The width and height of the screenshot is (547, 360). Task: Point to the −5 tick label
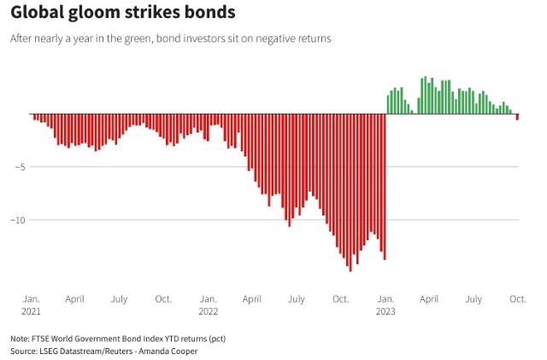pyautogui.click(x=17, y=167)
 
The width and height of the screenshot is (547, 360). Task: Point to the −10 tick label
pyautogui.click(x=15, y=220)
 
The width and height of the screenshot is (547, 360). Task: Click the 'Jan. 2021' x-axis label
pyautogui.click(x=31, y=304)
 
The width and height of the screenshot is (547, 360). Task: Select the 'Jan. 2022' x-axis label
pyautogui.click(x=208, y=304)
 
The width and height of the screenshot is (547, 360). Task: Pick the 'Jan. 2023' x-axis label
pyautogui.click(x=385, y=304)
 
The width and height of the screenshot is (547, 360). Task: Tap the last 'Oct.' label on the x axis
pyautogui.click(x=517, y=299)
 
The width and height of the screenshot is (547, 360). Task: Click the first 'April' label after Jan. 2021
pyautogui.click(x=74, y=299)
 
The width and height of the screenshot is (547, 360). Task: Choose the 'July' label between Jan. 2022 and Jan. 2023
pyautogui.click(x=297, y=299)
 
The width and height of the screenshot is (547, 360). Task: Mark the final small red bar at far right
pyautogui.click(x=517, y=116)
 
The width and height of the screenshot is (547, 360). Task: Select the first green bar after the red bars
pyautogui.click(x=388, y=104)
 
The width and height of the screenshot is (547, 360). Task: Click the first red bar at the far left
pyautogui.click(x=34, y=116)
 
